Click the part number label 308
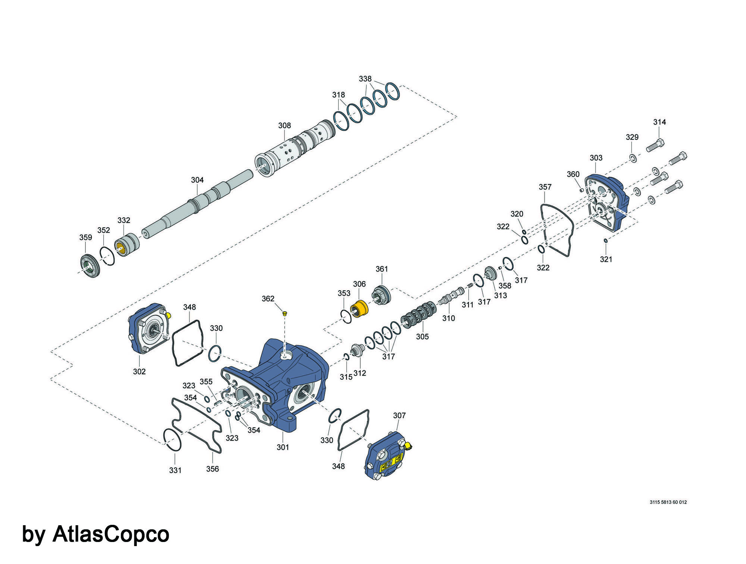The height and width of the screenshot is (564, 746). [284, 126]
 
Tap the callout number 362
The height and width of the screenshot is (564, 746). [268, 299]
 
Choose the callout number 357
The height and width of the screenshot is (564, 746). [545, 187]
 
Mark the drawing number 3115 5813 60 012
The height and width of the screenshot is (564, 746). [668, 502]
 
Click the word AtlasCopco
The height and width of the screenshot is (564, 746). [111, 534]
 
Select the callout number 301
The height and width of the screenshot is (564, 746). [283, 447]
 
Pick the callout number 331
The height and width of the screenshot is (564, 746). [175, 470]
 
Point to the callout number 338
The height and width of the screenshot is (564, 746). [365, 79]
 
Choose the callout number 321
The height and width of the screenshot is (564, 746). [606, 259]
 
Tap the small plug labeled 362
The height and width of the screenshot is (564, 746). [284, 313]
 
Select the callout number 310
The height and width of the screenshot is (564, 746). [449, 318]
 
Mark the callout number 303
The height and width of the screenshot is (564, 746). [596, 158]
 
